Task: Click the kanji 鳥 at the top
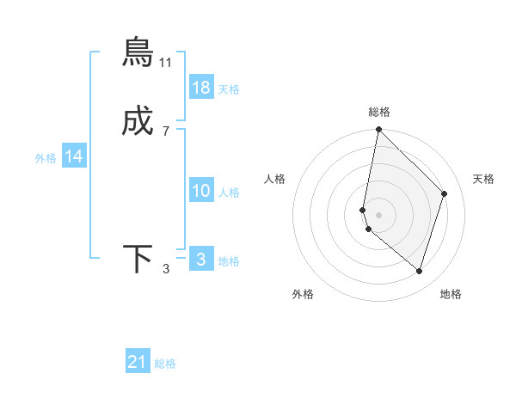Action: point(138,52)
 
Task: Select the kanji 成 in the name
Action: point(138,124)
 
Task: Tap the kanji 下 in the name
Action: point(138,260)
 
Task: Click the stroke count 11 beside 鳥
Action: point(166,63)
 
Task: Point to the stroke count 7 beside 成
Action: point(166,132)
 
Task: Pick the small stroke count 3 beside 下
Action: point(166,270)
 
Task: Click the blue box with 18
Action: point(201,88)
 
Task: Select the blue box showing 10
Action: point(201,191)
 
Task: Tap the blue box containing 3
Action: point(201,260)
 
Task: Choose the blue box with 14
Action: point(74,156)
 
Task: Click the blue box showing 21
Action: point(138,362)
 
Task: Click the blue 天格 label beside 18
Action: point(229,89)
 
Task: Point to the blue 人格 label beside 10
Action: point(229,193)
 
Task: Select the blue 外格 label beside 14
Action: point(46,158)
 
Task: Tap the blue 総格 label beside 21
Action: point(165,364)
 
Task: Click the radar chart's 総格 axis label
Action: point(379,112)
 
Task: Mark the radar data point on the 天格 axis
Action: point(445,193)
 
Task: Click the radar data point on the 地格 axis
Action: point(419,271)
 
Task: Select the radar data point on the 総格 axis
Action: point(379,130)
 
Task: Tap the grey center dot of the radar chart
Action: point(379,215)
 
